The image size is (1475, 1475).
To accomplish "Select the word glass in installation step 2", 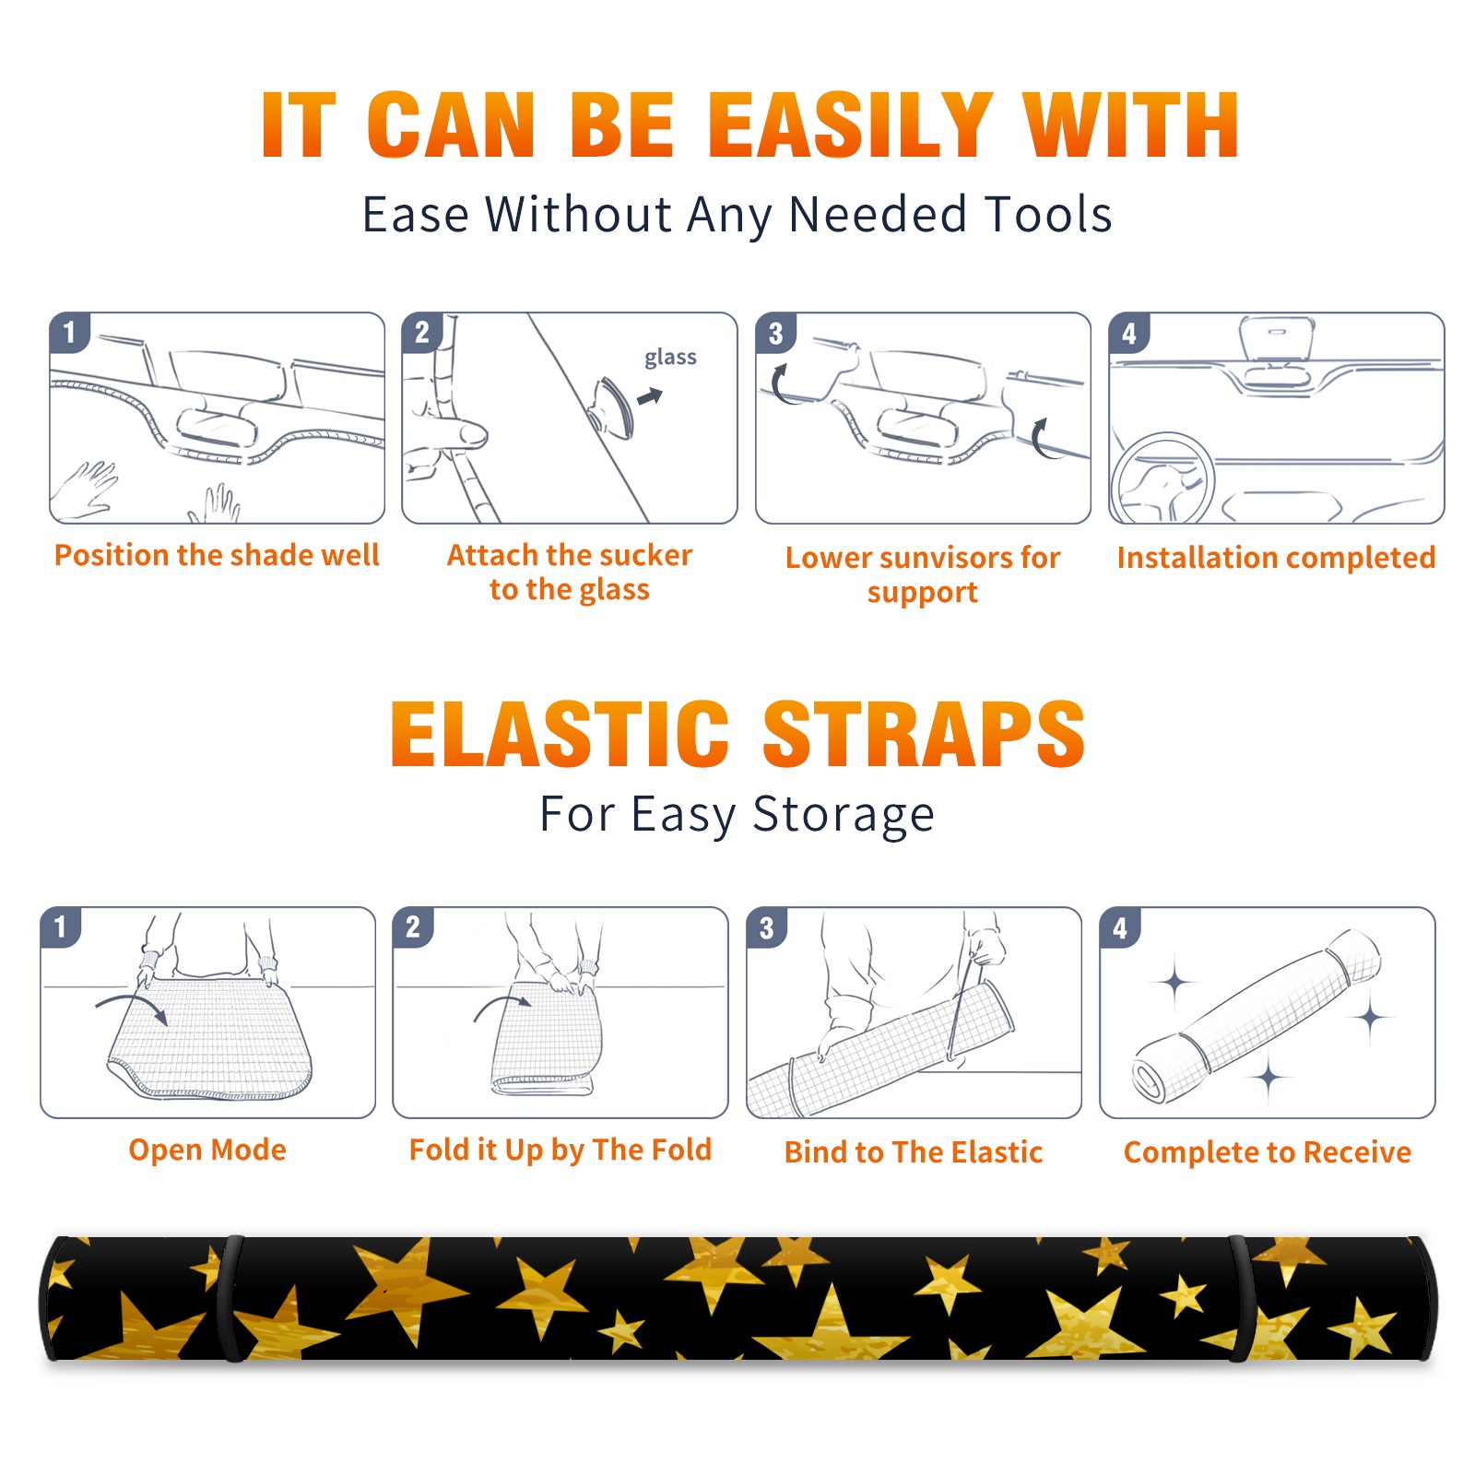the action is (x=670, y=358).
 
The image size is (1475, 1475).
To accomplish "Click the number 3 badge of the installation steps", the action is (x=775, y=333).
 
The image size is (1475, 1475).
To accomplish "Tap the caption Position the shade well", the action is (x=217, y=555).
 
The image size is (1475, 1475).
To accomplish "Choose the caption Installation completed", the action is (x=1276, y=557).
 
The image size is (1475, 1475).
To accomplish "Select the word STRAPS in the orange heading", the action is (x=924, y=734).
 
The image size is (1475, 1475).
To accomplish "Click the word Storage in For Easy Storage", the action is (x=844, y=815).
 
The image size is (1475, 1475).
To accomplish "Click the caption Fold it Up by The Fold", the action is (x=560, y=1150).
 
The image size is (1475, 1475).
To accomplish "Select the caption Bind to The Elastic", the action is (x=914, y=1152).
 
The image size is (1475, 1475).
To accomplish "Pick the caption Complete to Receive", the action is (x=1268, y=1152).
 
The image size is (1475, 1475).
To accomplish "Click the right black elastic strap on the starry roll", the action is (x=1240, y=1298).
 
